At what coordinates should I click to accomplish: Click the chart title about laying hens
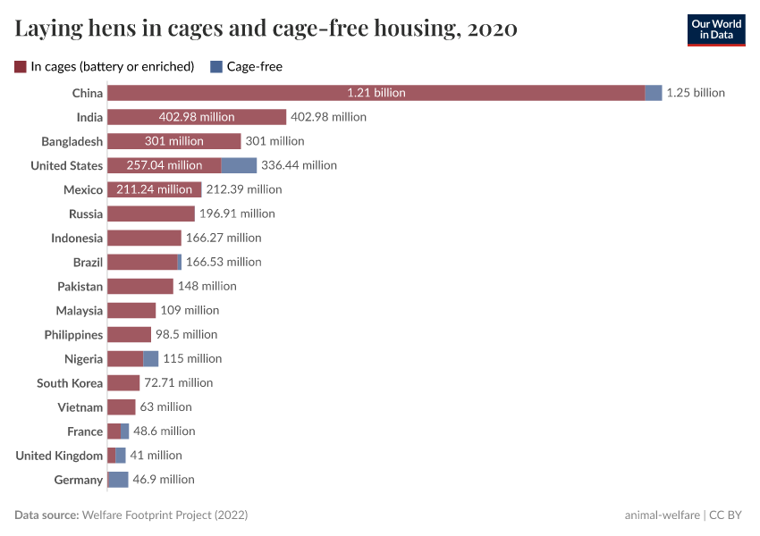pos(266,29)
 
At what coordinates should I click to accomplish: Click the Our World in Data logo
pos(716,29)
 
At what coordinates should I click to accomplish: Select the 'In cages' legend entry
pos(105,66)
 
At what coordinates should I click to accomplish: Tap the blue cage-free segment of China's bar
pos(653,93)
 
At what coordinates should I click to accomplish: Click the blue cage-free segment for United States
pos(239,165)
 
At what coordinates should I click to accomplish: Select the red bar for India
pos(197,117)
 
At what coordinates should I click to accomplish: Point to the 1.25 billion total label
pos(696,93)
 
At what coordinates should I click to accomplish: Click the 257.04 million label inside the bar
pos(165,165)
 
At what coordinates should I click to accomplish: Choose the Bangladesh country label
pos(72,141)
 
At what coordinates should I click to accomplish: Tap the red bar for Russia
pos(150,214)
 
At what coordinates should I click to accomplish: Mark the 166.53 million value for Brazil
pos(224,262)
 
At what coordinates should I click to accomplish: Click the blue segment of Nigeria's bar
pos(150,358)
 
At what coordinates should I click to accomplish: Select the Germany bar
pos(118,480)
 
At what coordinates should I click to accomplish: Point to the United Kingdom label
pos(59,456)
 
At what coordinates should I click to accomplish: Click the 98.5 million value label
pos(187,334)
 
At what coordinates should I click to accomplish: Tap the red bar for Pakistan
pos(139,286)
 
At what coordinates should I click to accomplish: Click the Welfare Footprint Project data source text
pos(165,515)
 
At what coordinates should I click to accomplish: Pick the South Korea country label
pos(70,382)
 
